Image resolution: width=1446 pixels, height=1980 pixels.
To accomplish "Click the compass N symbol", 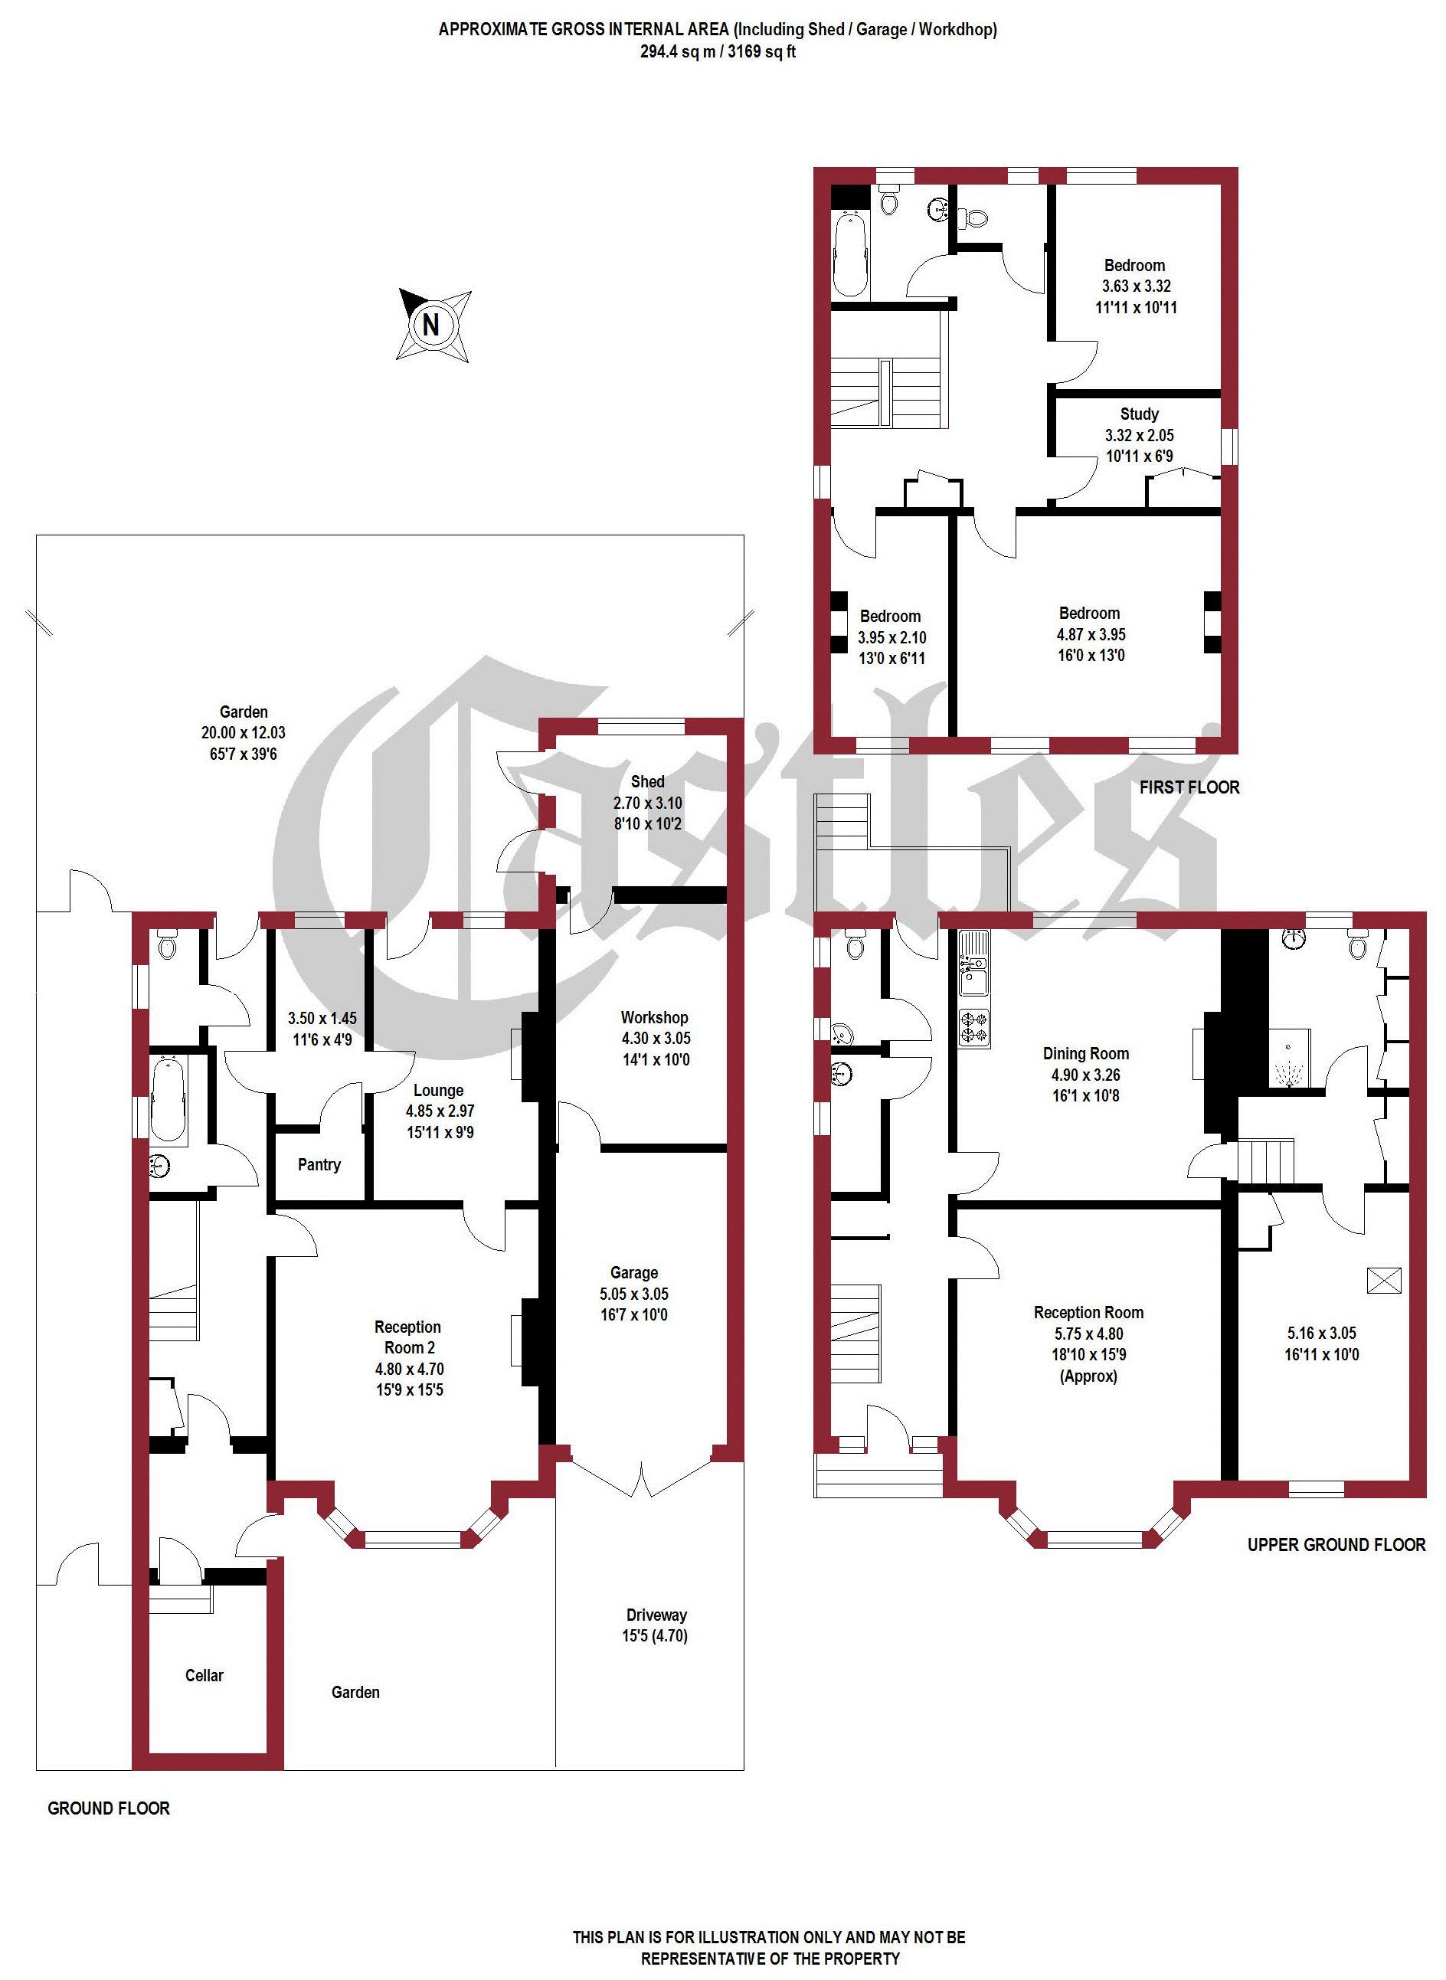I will [430, 325].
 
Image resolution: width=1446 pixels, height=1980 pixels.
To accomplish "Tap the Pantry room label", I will [319, 1164].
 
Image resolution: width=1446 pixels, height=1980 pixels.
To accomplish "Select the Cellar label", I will [204, 1675].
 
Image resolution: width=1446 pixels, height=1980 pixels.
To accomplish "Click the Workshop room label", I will [654, 1017].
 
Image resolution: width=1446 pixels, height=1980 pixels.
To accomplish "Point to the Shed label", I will [647, 782].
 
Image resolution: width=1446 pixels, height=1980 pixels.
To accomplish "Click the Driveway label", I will [656, 1615].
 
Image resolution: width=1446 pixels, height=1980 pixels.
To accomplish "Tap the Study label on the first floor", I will [1139, 414].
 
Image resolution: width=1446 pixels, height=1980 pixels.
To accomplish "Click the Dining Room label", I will [1085, 1054].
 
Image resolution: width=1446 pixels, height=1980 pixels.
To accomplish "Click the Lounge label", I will [439, 1091].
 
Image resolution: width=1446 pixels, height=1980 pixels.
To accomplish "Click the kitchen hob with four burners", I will [973, 1028].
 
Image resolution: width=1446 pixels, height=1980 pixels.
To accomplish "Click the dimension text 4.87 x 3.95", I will [1089, 635].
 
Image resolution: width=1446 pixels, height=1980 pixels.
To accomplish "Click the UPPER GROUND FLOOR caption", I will [1336, 1545].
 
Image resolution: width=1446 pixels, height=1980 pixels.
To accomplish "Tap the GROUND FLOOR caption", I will [109, 1808].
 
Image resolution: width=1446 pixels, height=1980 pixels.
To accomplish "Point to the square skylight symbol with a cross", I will [1384, 1281].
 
